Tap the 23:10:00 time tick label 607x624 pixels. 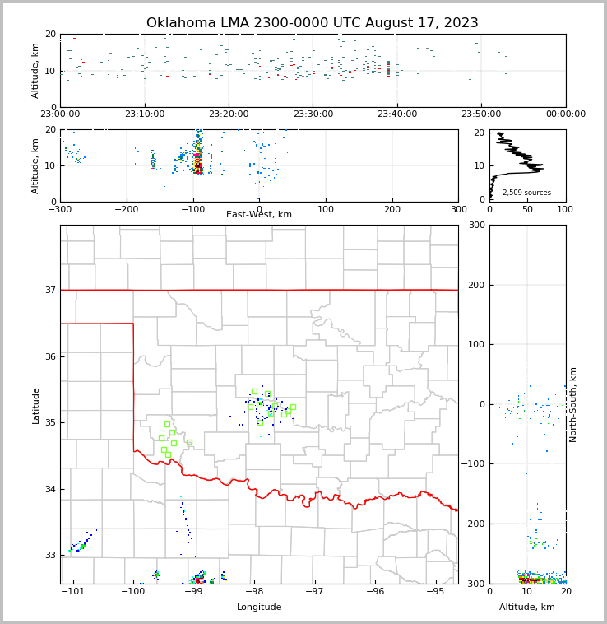(144, 114)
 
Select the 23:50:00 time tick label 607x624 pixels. (481, 114)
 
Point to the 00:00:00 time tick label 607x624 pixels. (565, 114)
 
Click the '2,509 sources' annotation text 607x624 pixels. (526, 193)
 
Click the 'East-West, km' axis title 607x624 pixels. (259, 215)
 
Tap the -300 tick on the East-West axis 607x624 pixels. (60, 208)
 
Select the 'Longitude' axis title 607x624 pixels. (259, 608)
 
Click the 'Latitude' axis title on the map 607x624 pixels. (36, 405)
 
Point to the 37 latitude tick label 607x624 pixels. (49, 290)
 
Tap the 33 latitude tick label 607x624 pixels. (49, 556)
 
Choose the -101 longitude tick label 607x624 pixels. (72, 592)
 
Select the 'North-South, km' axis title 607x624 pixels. (574, 404)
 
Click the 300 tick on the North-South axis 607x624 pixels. (475, 226)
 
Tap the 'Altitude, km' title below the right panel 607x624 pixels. (527, 608)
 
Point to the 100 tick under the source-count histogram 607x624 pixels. (565, 208)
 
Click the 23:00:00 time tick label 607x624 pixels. (60, 114)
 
